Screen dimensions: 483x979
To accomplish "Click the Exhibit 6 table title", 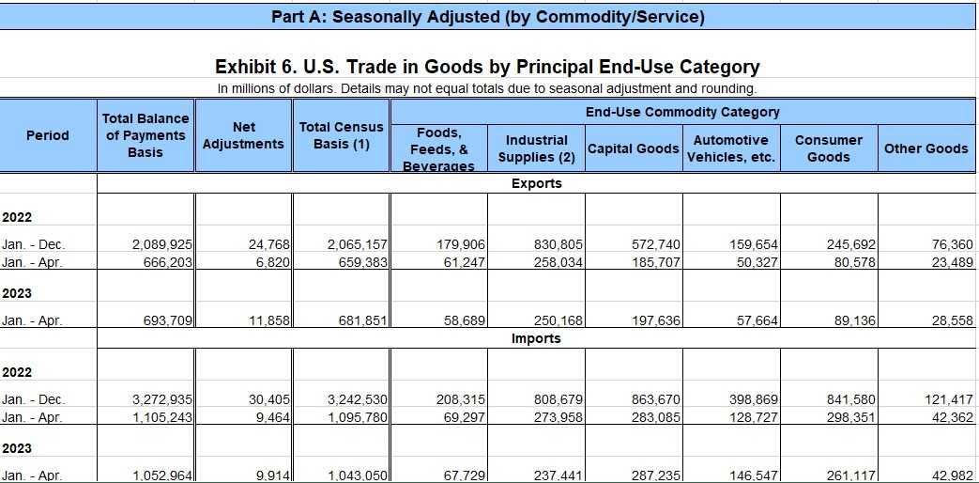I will [487, 67].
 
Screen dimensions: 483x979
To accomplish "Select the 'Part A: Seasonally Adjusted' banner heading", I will [487, 17].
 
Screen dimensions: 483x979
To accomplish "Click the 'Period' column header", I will [48, 135].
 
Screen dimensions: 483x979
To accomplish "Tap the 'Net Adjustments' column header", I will [243, 135].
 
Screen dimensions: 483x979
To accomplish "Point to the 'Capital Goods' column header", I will [633, 148].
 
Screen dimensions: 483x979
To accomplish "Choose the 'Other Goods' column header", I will [925, 148].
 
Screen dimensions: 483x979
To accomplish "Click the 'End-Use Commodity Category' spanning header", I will [682, 112].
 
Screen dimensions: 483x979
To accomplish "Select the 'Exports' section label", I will [537, 183].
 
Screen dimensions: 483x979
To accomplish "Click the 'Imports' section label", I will [537, 338].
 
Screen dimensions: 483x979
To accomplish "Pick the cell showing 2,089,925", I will [163, 244].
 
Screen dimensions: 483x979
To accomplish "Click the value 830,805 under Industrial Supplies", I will [558, 244].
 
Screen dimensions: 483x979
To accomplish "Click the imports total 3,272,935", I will [163, 399].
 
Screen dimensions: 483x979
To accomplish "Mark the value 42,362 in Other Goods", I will [949, 417].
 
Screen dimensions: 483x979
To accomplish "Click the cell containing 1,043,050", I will [358, 475].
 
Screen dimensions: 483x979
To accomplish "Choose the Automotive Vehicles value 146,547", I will [754, 475].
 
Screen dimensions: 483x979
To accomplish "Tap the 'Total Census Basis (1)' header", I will [341, 135].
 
